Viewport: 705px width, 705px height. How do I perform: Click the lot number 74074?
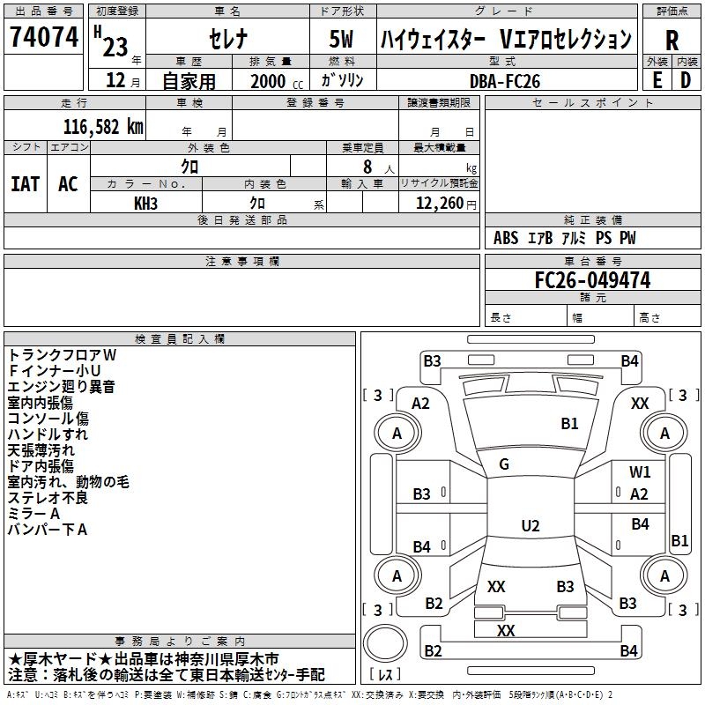click(43, 38)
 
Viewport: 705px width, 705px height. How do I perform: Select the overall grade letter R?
click(672, 40)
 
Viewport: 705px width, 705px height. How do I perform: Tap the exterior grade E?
click(657, 79)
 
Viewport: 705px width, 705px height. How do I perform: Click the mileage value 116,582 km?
click(103, 126)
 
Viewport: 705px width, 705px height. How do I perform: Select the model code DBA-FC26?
click(505, 81)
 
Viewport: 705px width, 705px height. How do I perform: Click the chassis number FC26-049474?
click(592, 280)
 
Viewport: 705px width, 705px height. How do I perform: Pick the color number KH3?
click(145, 203)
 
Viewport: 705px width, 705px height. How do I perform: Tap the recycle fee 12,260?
click(437, 203)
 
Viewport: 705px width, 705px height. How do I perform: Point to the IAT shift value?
click(25, 184)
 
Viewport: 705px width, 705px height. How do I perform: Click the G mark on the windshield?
click(504, 464)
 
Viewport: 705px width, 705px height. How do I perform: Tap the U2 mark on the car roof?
click(530, 526)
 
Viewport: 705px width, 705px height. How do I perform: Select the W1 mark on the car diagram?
click(640, 472)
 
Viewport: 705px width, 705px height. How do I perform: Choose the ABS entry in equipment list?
click(506, 238)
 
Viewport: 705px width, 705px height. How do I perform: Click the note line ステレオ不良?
click(48, 498)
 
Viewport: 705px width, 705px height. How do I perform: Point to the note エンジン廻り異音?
click(61, 386)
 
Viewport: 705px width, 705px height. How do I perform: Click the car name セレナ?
click(226, 40)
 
